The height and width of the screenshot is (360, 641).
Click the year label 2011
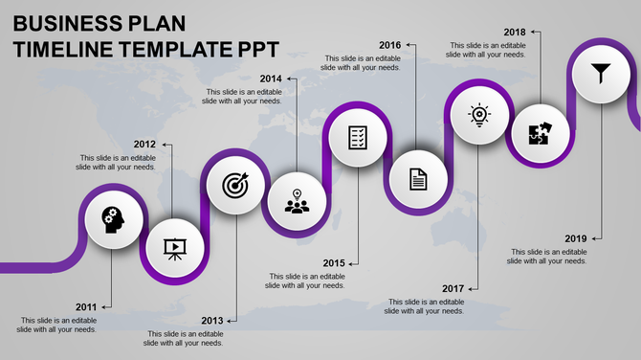[x=86, y=307]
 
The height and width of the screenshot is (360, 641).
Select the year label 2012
[x=144, y=145]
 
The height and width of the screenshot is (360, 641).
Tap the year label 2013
[x=212, y=320]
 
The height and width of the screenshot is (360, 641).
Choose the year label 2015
[x=334, y=263]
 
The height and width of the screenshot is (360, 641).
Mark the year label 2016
[x=389, y=45]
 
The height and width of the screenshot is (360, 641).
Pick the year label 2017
[x=453, y=288]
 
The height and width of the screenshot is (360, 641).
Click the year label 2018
[x=514, y=32]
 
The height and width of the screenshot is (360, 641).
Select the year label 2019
[x=576, y=238]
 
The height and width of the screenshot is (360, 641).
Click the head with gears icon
[x=114, y=220]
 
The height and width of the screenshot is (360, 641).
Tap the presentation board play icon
[x=174, y=249]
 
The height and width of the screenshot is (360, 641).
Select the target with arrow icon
[x=234, y=186]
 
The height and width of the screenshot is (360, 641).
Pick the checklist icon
[x=358, y=137]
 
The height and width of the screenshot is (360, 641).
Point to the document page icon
[x=418, y=178]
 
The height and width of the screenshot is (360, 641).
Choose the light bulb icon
[x=478, y=116]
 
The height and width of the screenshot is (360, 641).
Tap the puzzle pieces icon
[x=540, y=134]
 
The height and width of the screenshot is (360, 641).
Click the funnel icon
[x=600, y=72]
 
